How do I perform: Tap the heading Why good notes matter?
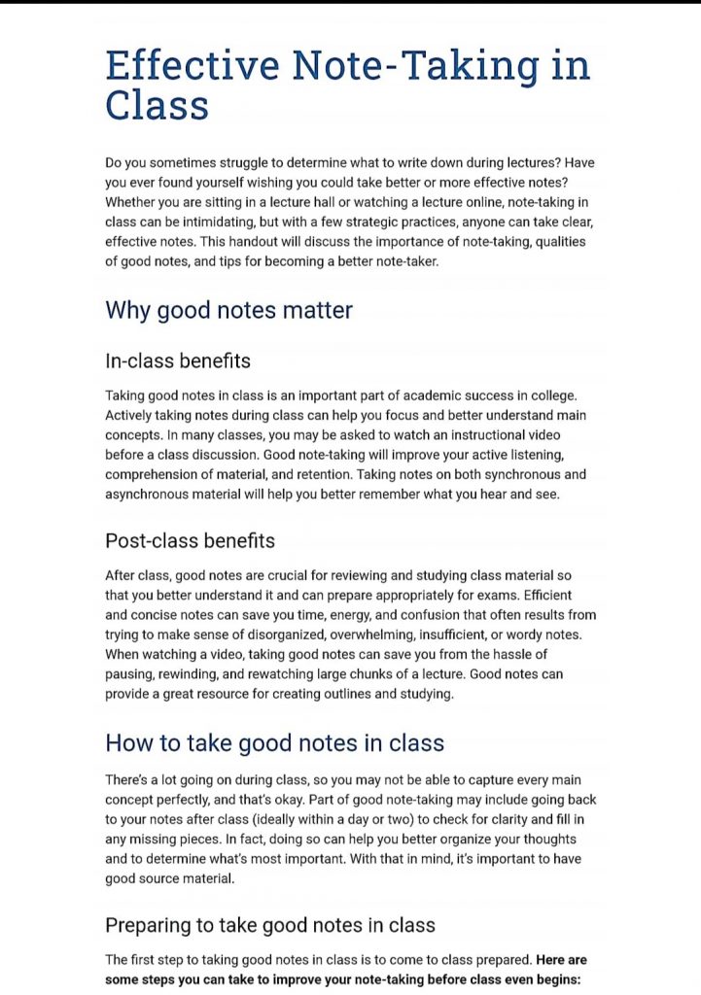coord(228,310)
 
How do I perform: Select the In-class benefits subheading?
coord(178,360)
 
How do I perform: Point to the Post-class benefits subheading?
coord(190,540)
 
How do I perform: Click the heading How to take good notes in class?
coord(274,743)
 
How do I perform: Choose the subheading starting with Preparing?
coord(270,924)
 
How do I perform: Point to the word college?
coord(552,395)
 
